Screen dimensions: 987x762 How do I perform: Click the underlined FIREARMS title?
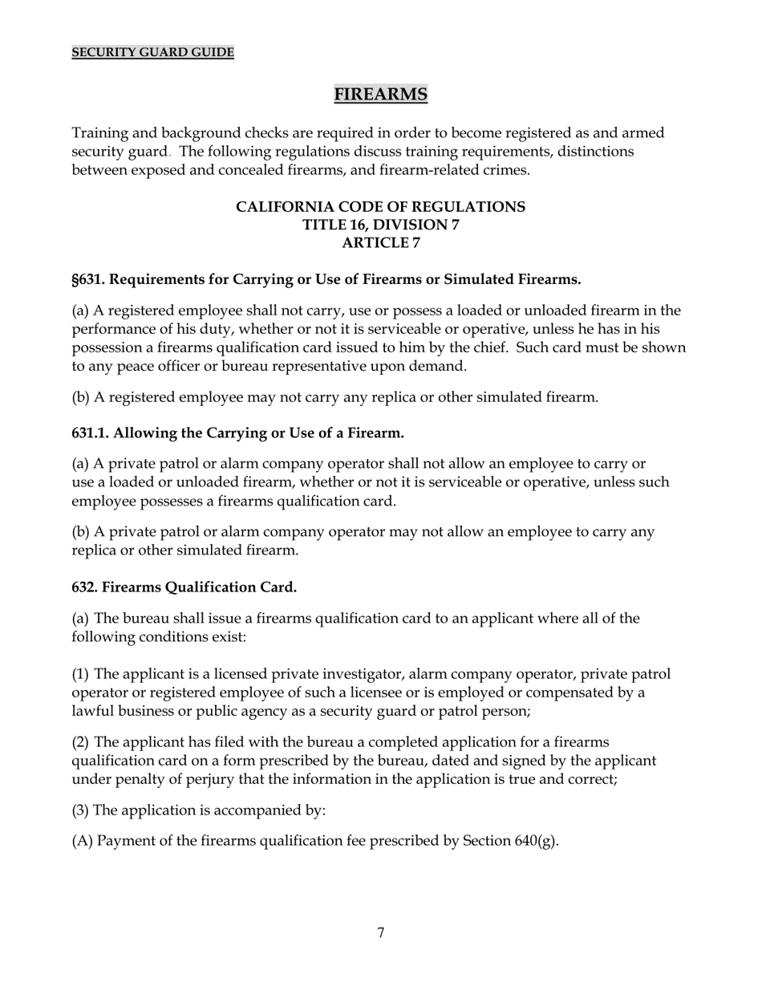tap(380, 95)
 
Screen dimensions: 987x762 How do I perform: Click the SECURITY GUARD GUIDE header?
tap(152, 52)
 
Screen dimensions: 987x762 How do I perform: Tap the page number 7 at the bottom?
tap(380, 932)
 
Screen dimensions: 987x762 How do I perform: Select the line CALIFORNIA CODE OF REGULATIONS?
tap(380, 207)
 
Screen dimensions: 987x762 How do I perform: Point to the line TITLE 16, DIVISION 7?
tap(380, 225)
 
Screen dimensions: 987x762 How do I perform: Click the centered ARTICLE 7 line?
tap(380, 242)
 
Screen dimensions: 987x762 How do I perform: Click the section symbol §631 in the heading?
tap(87, 279)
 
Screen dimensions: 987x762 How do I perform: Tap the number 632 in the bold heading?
tap(84, 587)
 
